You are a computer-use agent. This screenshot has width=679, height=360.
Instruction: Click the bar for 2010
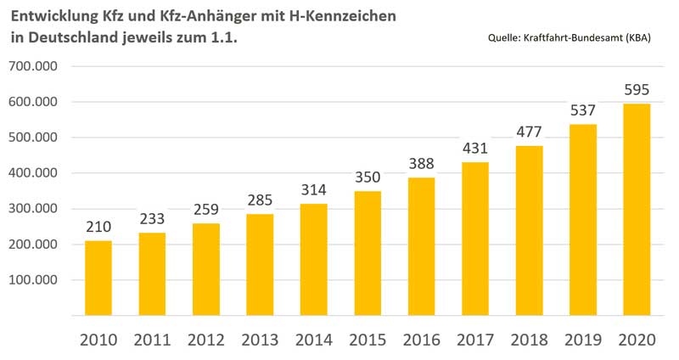tap(98, 278)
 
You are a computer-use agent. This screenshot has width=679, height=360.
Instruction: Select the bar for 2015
tap(368, 253)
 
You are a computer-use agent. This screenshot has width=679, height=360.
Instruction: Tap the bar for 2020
tap(637, 209)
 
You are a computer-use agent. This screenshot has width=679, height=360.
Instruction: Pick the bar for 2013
tap(260, 264)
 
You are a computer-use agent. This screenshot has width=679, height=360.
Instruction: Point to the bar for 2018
tap(529, 230)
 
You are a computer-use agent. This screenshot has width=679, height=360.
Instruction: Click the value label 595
tap(637, 89)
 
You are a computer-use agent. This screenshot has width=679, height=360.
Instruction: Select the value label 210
tap(98, 227)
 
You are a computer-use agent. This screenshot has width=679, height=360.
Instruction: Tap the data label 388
tap(421, 163)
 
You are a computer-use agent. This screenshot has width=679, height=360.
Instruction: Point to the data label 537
tap(582, 110)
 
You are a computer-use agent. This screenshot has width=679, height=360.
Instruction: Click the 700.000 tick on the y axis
tap(33, 66)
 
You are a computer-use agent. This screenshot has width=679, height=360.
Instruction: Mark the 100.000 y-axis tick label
tap(33, 279)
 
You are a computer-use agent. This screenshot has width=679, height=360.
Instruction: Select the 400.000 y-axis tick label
tap(33, 173)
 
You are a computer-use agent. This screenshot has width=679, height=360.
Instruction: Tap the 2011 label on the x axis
tap(153, 340)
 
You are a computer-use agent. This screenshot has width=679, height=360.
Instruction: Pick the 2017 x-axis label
tap(475, 340)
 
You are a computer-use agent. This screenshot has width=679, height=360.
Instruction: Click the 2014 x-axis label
tap(314, 340)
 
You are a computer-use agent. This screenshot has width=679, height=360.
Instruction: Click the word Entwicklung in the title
tap(53, 16)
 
